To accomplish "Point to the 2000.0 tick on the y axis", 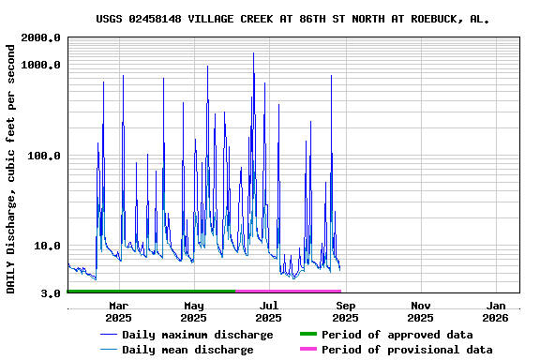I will pos(40,37).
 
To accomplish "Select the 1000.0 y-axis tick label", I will pos(40,65).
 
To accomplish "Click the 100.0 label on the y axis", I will pos(44,156).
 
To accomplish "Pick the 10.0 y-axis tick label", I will pos(47,247).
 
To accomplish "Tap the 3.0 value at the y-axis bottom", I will pos(51,293).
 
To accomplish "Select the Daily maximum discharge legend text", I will pos(197,335).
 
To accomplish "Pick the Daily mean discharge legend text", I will pos(187,350).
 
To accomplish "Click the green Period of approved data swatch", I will pos(308,335).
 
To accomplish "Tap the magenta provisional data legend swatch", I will pos(308,350).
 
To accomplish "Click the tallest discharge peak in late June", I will pos(253,53).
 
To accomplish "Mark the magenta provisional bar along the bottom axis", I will pos(288,292).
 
